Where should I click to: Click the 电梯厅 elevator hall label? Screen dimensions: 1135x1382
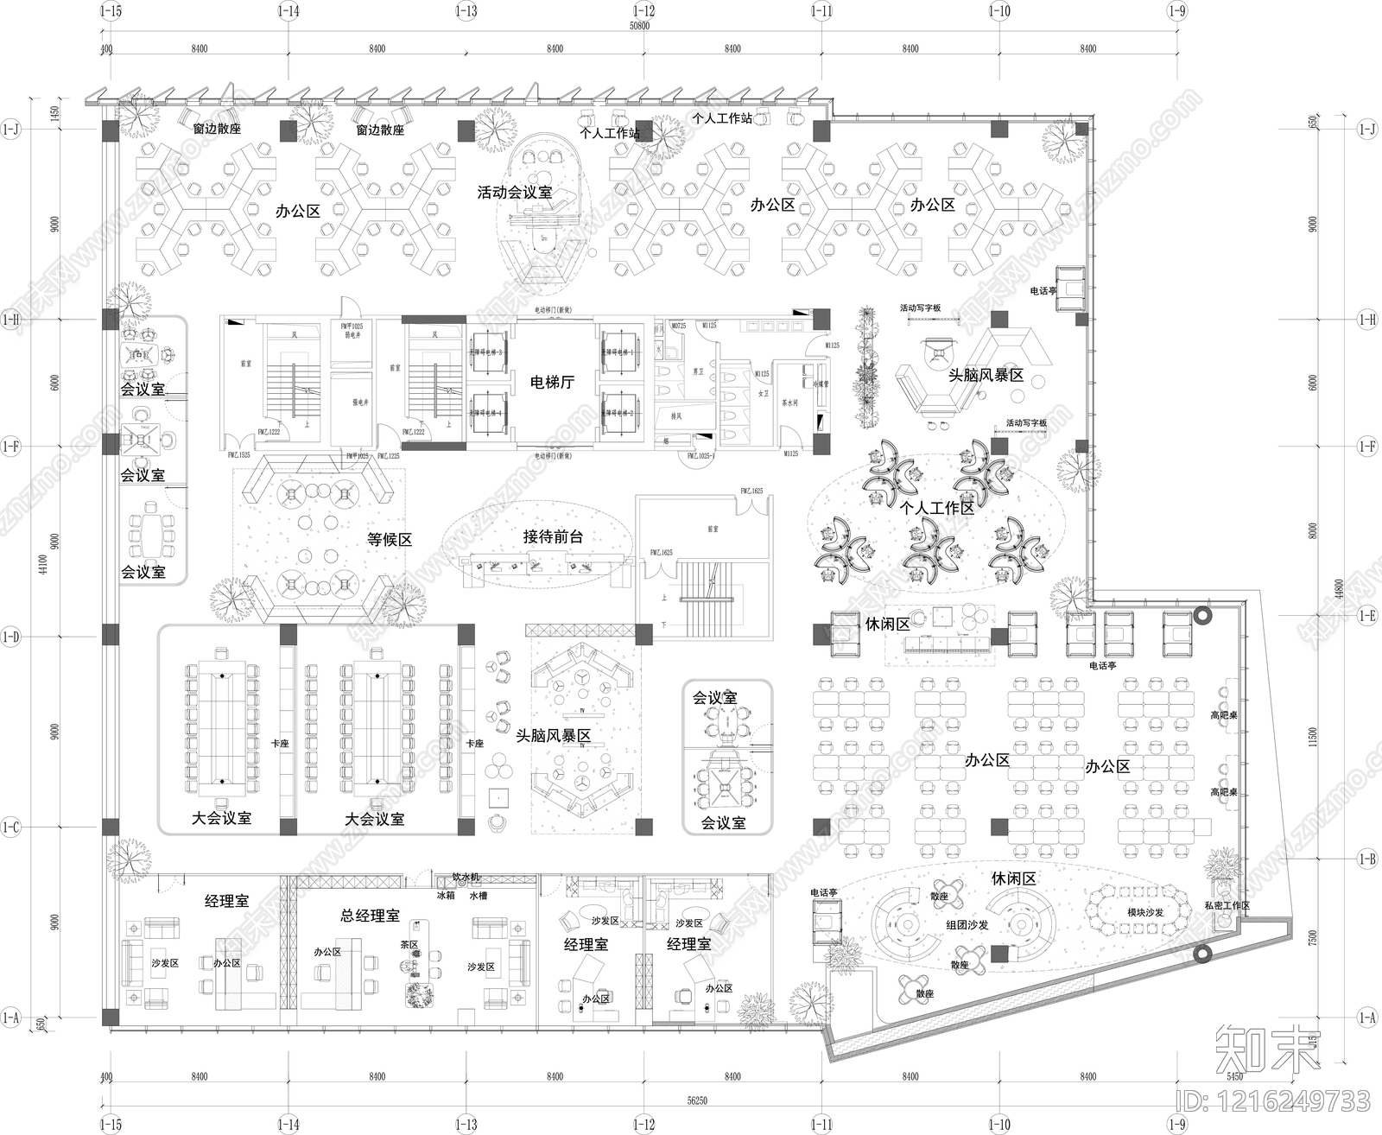click(x=553, y=382)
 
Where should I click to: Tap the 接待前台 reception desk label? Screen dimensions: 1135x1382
click(x=553, y=536)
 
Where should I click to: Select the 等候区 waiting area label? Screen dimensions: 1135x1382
click(x=390, y=540)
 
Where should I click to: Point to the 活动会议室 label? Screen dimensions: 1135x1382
click(x=515, y=193)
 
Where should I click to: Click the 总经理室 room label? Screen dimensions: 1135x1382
click(x=370, y=916)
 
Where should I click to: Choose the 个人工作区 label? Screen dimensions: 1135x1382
click(x=937, y=508)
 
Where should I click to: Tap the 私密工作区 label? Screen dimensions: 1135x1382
click(x=1227, y=905)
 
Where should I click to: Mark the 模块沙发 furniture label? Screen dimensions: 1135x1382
click(x=1145, y=912)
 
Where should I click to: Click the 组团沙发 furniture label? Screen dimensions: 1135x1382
click(x=967, y=925)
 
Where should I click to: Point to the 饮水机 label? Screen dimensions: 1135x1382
click(x=466, y=878)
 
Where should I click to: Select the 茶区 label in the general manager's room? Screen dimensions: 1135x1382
click(x=409, y=945)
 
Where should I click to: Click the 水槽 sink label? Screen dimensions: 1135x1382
click(x=479, y=896)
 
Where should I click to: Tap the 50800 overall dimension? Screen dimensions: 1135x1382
click(x=639, y=26)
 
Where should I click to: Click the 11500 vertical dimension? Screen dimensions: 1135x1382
click(x=1314, y=737)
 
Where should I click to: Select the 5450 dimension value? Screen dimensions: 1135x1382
click(x=1235, y=1076)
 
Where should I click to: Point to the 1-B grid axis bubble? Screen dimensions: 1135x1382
click(x=1367, y=859)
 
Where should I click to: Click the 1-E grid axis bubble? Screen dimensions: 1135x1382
click(x=1367, y=616)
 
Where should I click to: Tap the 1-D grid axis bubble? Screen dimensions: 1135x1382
click(x=11, y=637)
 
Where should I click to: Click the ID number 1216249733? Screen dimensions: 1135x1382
click(x=1273, y=1101)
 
